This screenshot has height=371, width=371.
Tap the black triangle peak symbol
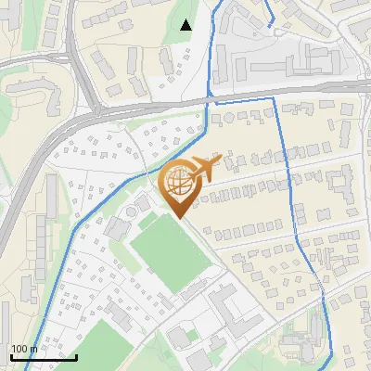pos(186,25)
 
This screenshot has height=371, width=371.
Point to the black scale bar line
pos(43,357)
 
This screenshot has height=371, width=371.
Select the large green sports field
pos(170,250)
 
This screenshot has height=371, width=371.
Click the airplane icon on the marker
pos(206,167)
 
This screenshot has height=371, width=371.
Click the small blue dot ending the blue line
pos(270,26)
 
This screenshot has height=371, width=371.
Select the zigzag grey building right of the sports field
pos(227,306)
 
